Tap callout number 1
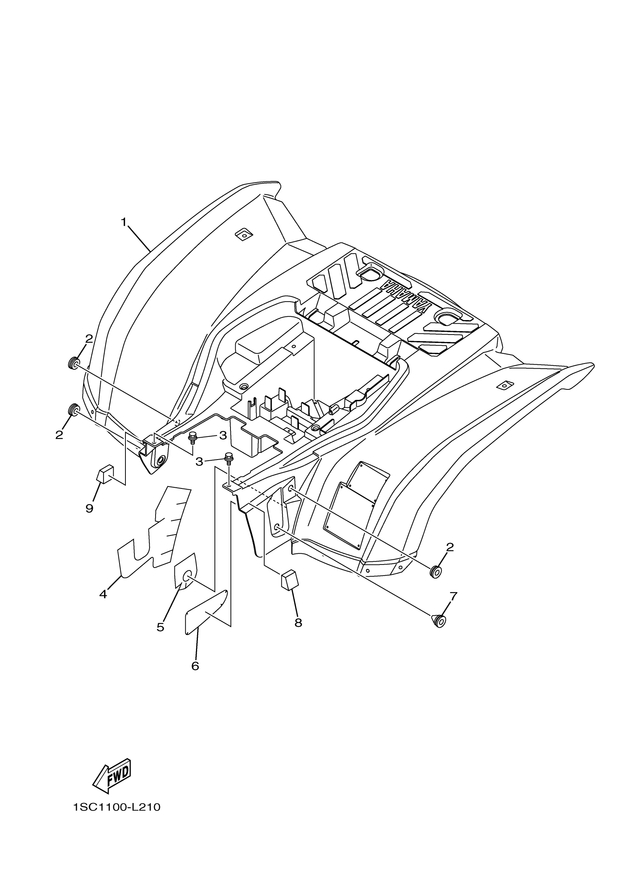click(124, 222)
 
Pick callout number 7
click(453, 596)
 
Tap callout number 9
click(89, 508)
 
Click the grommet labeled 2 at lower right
click(435, 572)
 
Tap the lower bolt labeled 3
click(229, 459)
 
